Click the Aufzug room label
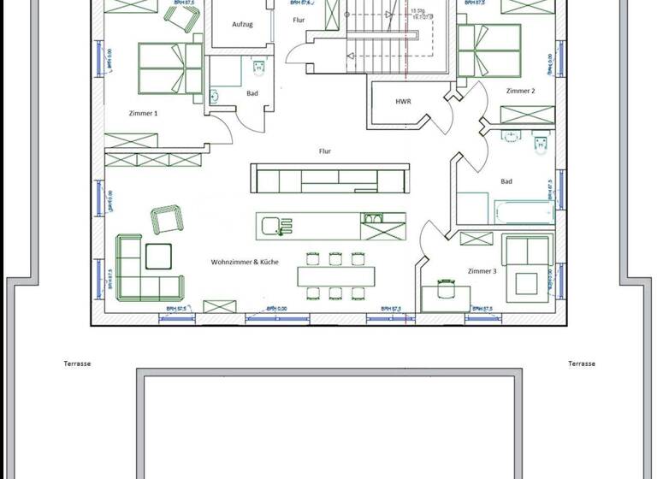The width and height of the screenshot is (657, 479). pos(242,25)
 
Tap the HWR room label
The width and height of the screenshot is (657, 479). pos(403,102)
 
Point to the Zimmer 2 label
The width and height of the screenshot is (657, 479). pos(520,91)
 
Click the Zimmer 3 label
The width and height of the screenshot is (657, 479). pos(482,271)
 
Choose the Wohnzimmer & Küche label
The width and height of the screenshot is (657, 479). pos(246,263)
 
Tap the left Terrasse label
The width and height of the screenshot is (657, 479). pos(77,364)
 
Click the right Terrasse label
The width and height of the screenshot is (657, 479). pos(582,364)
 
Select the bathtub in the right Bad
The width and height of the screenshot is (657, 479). pos(524,211)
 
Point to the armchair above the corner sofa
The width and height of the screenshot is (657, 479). pos(165,218)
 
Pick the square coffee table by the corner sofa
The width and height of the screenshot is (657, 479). pos(158,256)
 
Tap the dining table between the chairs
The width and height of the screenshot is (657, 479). pos(335,276)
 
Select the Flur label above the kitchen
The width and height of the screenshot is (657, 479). pos(325,151)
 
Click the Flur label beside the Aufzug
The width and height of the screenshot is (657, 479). pos(299,19)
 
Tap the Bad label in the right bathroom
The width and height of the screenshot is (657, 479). pos(506,181)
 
